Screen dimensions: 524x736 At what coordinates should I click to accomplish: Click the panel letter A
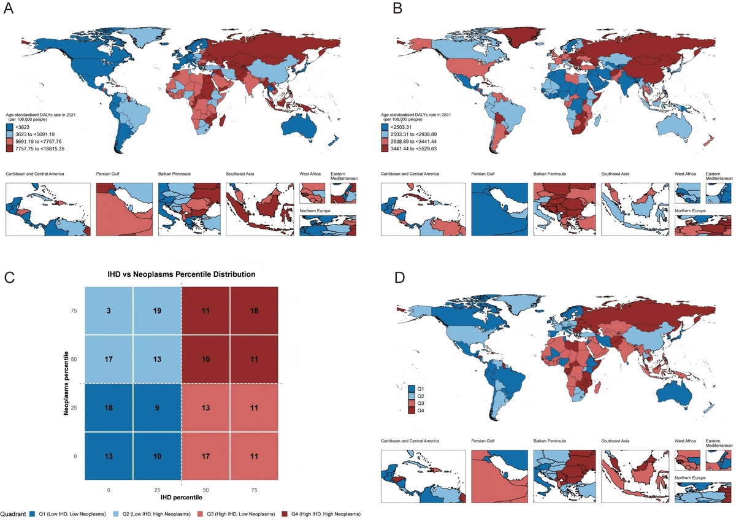click(10, 10)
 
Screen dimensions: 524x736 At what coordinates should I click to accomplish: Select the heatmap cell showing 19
click(157, 311)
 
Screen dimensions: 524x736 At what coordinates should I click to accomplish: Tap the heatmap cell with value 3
click(109, 311)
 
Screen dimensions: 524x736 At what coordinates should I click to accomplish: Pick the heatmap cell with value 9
click(157, 407)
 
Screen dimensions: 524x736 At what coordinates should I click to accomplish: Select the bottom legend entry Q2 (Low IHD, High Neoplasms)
click(148, 513)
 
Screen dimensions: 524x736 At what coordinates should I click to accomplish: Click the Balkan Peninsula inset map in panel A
click(189, 209)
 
